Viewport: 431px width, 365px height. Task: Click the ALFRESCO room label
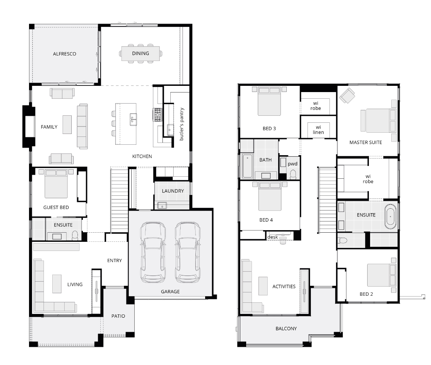click(65, 54)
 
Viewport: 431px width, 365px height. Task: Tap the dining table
click(140, 54)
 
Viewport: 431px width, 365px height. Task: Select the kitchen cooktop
click(157, 115)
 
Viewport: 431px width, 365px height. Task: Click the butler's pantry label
click(182, 124)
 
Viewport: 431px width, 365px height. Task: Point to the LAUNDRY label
click(173, 191)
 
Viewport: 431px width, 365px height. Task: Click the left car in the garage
click(153, 253)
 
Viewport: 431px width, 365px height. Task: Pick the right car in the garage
click(188, 253)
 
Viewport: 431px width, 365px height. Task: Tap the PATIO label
click(118, 316)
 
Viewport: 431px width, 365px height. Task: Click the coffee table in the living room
click(57, 284)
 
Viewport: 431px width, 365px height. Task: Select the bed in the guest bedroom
click(56, 183)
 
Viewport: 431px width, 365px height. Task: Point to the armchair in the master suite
click(347, 95)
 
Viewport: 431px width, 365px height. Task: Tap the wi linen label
click(318, 129)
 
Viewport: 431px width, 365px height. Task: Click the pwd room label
click(293, 164)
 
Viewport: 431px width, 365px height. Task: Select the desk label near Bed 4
click(272, 237)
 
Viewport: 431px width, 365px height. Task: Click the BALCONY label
click(286, 328)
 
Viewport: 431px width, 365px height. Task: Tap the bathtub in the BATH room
click(247, 166)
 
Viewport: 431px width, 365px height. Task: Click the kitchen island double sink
click(133, 119)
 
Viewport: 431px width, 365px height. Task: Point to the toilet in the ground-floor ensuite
click(75, 236)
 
